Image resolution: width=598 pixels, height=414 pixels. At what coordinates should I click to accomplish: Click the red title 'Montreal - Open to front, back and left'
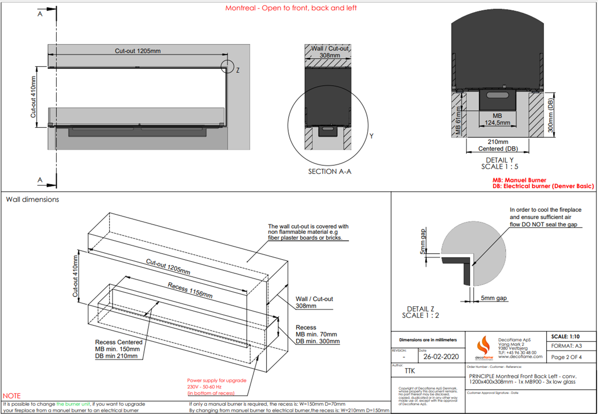(x=291, y=8)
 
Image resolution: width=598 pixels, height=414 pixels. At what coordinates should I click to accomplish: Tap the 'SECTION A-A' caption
(x=329, y=171)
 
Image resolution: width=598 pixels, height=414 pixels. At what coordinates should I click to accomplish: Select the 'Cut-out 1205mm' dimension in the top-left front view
(x=138, y=51)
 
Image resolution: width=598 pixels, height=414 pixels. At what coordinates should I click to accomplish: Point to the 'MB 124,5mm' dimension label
(x=497, y=119)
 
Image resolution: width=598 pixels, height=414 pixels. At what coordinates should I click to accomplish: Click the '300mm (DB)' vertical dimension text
(x=551, y=116)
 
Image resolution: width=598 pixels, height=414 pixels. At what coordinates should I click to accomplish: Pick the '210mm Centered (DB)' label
(x=498, y=145)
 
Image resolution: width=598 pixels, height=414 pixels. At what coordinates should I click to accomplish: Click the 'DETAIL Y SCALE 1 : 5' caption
(x=499, y=163)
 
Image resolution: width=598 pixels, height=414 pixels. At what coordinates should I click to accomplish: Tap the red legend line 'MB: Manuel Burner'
(x=519, y=180)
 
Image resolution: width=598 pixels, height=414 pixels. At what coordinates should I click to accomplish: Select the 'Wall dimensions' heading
(x=32, y=200)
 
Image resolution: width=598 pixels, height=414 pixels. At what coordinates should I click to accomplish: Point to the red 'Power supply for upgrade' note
(x=217, y=380)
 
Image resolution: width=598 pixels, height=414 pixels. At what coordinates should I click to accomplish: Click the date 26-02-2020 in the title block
(x=441, y=357)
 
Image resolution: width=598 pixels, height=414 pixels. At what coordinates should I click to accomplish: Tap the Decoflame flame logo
(x=484, y=346)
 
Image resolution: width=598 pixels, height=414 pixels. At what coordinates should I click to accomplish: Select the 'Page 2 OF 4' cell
(x=566, y=357)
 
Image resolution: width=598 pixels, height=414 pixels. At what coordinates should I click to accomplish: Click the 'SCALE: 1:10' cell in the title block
(x=565, y=336)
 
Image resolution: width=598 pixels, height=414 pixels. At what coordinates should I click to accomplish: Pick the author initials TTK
(x=410, y=371)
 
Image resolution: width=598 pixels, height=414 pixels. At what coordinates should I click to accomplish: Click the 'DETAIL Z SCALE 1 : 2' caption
(x=420, y=312)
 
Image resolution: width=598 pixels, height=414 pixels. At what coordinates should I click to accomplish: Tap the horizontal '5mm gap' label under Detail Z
(x=494, y=298)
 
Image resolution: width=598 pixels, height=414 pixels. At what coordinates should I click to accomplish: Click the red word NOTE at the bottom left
(x=12, y=396)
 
